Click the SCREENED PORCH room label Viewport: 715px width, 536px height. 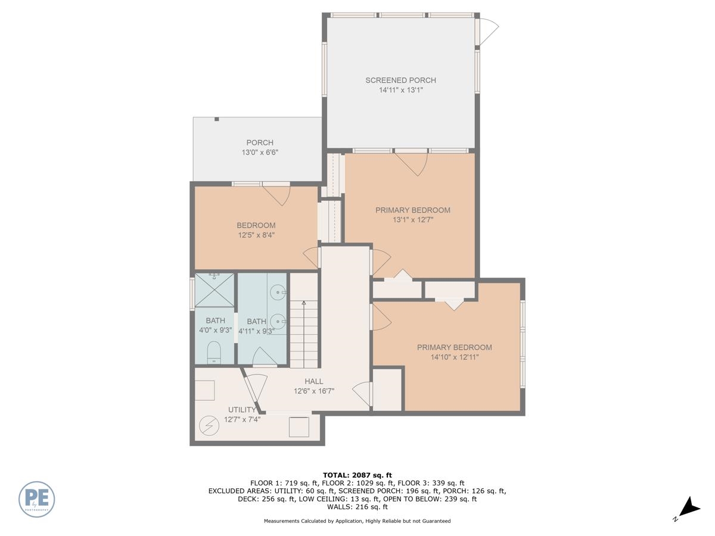pyautogui.click(x=400, y=80)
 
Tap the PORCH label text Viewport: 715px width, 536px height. pyautogui.click(x=260, y=142)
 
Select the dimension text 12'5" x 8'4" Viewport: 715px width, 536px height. pyautogui.click(x=256, y=235)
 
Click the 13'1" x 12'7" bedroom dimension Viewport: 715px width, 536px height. pyautogui.click(x=413, y=220)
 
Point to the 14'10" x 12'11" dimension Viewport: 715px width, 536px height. pyautogui.click(x=455, y=357)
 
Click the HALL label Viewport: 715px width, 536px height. pyautogui.click(x=314, y=381)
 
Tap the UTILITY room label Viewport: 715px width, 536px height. pyautogui.click(x=242, y=409)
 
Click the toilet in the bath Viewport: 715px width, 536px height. pyautogui.click(x=214, y=352)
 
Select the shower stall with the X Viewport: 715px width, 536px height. pyautogui.click(x=214, y=289)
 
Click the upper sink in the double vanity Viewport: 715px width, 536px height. pyautogui.click(x=278, y=292)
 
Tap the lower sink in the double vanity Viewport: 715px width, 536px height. pyautogui.click(x=278, y=322)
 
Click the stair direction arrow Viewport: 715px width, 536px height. pyautogui.click(x=304, y=334)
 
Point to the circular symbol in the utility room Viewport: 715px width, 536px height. pyautogui.click(x=209, y=426)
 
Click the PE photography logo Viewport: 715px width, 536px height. pyautogui.click(x=36, y=499)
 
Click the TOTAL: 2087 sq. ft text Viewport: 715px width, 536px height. pyautogui.click(x=357, y=475)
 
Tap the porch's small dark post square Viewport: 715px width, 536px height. pyautogui.click(x=217, y=119)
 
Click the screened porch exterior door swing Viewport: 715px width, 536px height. pyautogui.click(x=488, y=31)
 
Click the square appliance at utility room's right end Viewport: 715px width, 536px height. pyautogui.click(x=299, y=426)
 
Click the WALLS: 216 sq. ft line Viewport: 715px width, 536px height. pyautogui.click(x=357, y=507)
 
